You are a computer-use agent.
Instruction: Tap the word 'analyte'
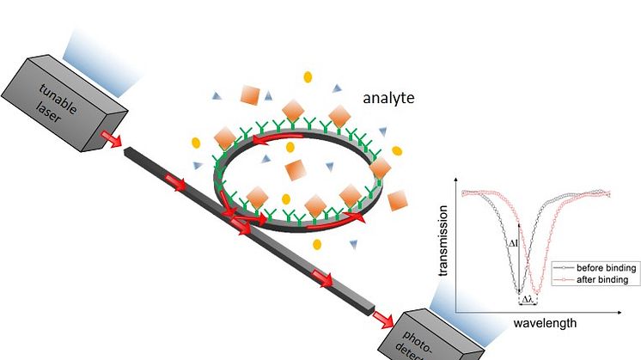point(387,98)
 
